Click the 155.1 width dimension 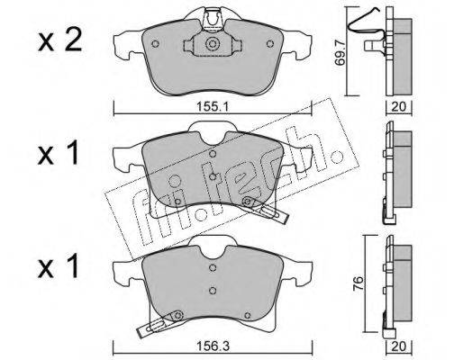click(x=213, y=106)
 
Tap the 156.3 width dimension click(x=213, y=346)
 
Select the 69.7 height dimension click(x=340, y=54)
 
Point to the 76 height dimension click(x=358, y=283)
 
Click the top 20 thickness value click(x=399, y=106)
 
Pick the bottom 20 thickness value click(x=399, y=346)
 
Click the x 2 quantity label click(x=59, y=41)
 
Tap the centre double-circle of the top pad click(x=213, y=44)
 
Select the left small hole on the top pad click(x=155, y=44)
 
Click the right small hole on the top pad click(x=270, y=44)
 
